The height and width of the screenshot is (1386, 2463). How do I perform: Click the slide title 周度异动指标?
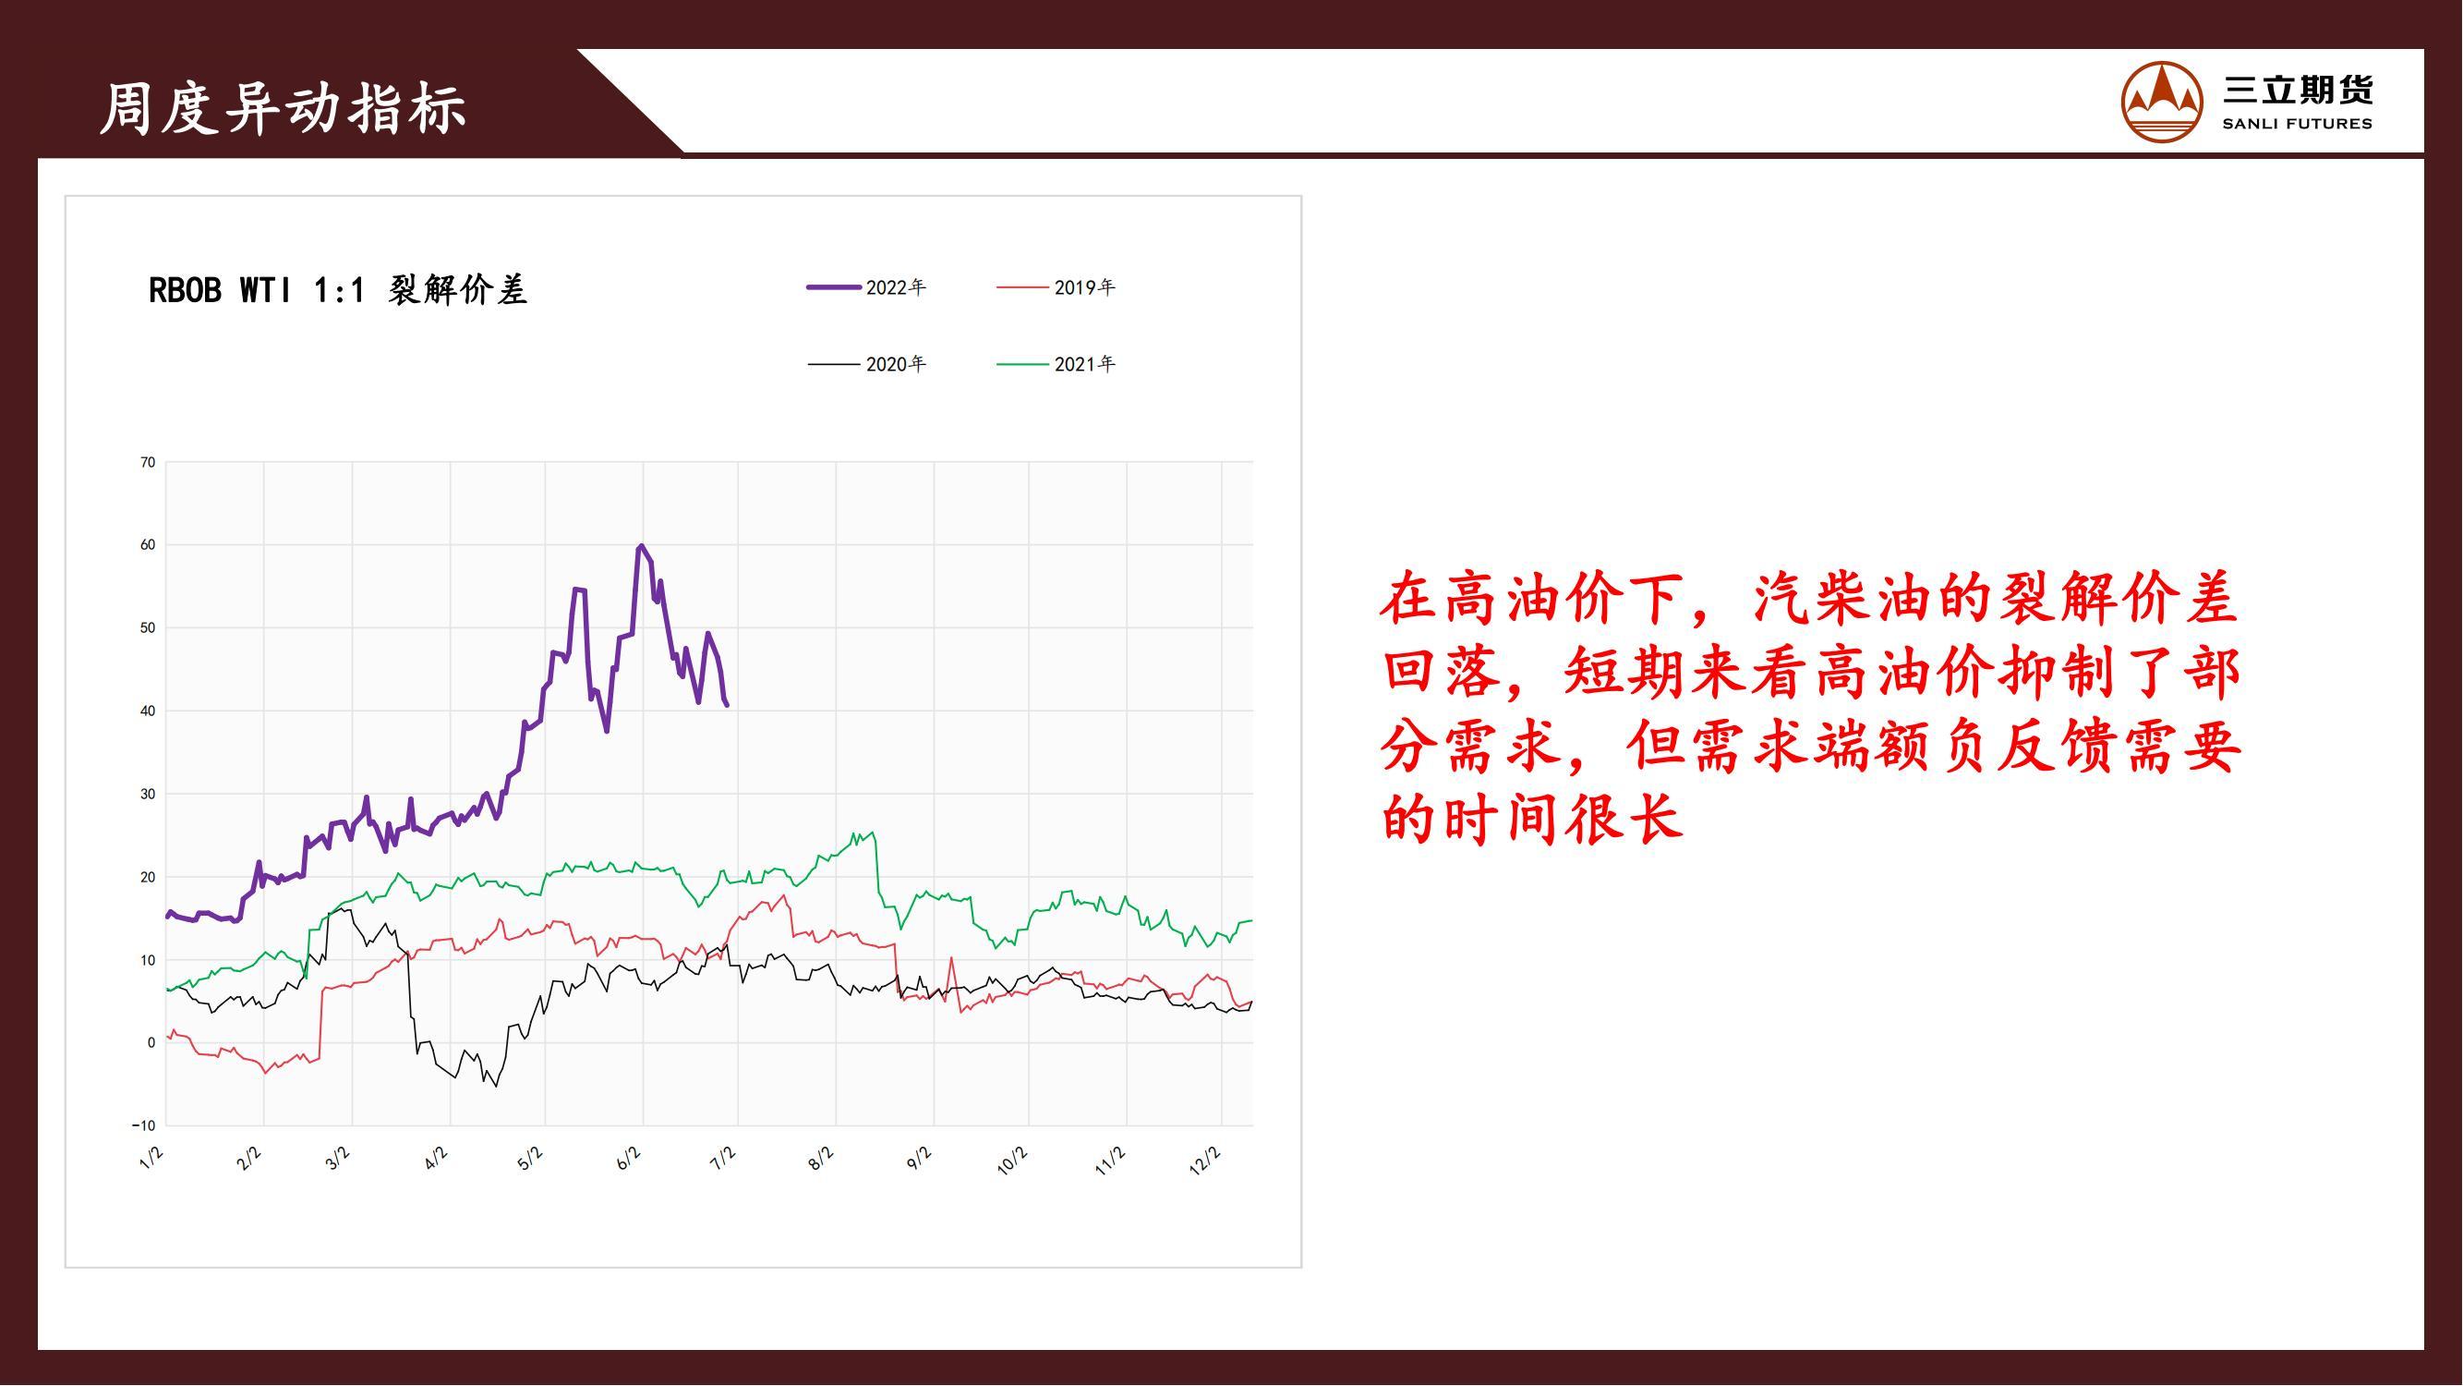tap(284, 108)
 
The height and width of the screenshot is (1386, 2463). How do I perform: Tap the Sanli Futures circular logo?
tap(2162, 102)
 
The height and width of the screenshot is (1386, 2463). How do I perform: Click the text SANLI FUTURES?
tap(2297, 124)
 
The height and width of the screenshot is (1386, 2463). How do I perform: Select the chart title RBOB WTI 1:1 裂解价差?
tap(337, 290)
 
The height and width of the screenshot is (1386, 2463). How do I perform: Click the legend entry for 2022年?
tap(866, 287)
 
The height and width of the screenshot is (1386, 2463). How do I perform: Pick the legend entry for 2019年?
tap(1056, 287)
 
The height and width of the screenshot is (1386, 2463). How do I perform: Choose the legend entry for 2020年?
tap(866, 363)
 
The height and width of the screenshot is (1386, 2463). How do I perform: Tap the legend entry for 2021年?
tap(1056, 363)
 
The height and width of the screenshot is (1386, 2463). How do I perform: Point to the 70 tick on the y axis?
tap(147, 463)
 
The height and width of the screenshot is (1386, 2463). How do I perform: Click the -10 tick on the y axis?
tap(143, 1125)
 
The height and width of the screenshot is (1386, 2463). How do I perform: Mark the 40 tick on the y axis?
tap(147, 711)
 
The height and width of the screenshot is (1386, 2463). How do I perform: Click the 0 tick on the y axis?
tap(151, 1043)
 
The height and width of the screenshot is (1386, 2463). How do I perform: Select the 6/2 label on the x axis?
tap(628, 1160)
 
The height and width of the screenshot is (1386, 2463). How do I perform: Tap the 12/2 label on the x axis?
tap(1205, 1161)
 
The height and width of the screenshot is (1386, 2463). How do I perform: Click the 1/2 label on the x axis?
tap(151, 1159)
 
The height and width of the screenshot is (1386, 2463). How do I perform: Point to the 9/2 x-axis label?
tap(918, 1159)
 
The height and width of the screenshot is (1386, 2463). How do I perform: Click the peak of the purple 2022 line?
tap(641, 545)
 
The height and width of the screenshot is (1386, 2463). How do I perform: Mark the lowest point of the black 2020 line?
tap(495, 1086)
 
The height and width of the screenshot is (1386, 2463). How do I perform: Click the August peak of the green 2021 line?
tap(872, 833)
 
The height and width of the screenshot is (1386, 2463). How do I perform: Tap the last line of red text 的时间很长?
tap(1532, 819)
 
